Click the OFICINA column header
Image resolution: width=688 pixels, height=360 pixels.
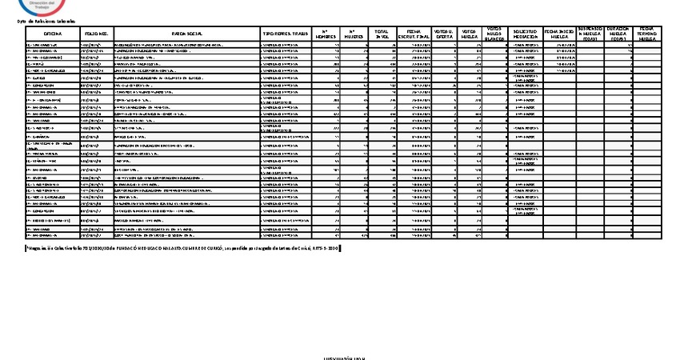[x=53, y=34]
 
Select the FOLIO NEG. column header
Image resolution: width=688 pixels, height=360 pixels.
[x=96, y=34]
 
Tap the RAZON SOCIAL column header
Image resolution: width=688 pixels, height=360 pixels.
[x=186, y=34]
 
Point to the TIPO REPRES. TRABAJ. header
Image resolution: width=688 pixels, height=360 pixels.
[x=285, y=34]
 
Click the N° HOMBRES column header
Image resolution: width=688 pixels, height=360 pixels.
[x=324, y=34]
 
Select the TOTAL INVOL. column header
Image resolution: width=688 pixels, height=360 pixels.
[x=382, y=34]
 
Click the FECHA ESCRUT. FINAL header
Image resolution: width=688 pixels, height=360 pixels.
[x=414, y=34]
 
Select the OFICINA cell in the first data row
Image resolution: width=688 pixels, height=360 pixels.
[x=53, y=46]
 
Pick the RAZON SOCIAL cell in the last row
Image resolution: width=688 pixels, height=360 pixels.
[x=186, y=236]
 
